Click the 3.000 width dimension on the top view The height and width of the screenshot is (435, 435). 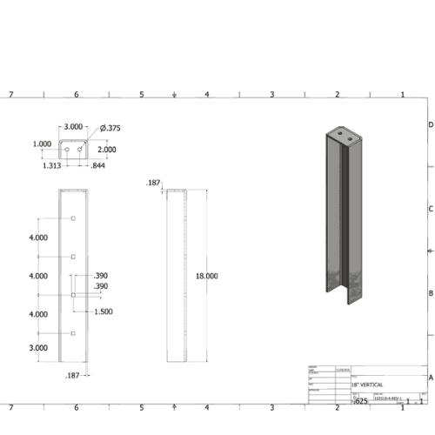(73, 127)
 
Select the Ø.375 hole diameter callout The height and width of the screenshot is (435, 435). (110, 129)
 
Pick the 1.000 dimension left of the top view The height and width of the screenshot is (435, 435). (42, 144)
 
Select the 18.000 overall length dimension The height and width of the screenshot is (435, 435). (206, 276)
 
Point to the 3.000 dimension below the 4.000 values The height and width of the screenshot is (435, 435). (37, 347)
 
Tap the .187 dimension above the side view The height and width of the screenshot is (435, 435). (155, 184)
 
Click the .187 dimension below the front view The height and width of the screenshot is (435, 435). (73, 375)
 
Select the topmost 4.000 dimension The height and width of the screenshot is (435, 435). (37, 237)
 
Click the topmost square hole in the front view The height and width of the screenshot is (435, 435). (74, 218)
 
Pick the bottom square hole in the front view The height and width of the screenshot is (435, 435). (74, 333)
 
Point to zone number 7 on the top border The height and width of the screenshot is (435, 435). (10, 94)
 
